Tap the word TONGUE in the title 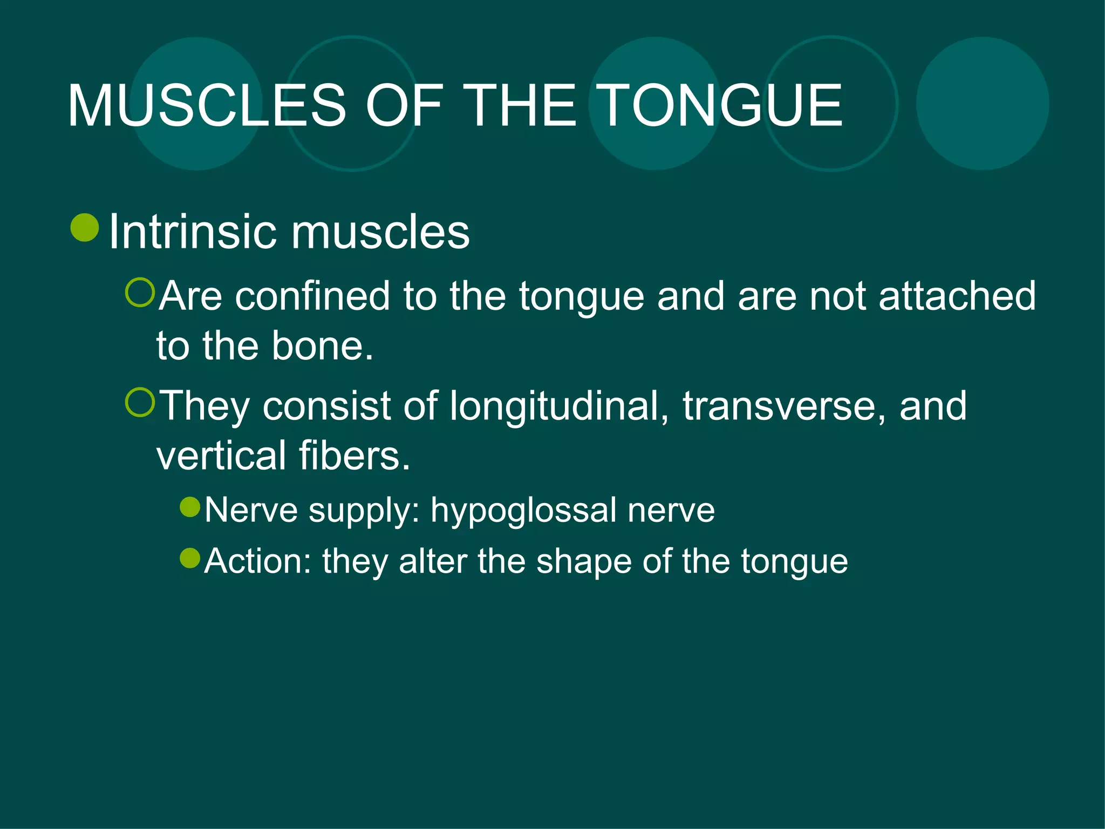click(721, 106)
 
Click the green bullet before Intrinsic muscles click(85, 227)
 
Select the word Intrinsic click(192, 232)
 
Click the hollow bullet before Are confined click(140, 293)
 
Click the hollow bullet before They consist click(140, 403)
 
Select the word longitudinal click(556, 406)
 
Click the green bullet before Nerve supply click(190, 507)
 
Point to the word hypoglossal click(523, 511)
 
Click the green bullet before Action click(190, 558)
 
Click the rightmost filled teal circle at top click(982, 104)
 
